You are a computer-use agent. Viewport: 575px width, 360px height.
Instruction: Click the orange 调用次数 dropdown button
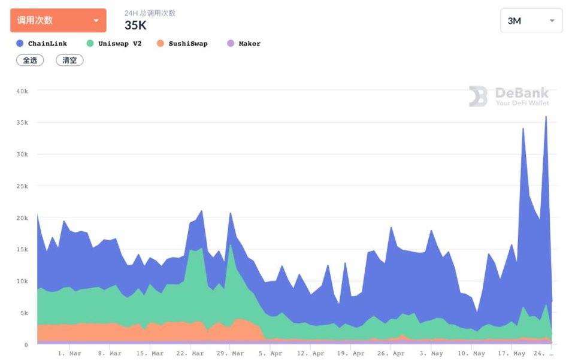pos(58,20)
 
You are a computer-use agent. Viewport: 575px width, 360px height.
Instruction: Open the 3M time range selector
pos(531,21)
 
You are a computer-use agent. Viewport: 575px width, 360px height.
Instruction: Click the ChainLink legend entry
pos(42,44)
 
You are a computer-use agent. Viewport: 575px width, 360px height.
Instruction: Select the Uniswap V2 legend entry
pos(114,44)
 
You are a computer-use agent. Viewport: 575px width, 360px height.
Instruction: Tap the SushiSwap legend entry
pos(182,44)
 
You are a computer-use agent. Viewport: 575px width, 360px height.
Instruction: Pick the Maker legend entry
pos(244,44)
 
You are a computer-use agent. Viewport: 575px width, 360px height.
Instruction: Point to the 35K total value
pos(135,25)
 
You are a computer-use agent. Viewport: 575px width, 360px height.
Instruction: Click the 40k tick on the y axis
pos(22,90)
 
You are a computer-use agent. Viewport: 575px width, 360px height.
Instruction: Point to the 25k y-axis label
pos(22,186)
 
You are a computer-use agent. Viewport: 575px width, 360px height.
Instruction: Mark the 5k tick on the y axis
pos(24,313)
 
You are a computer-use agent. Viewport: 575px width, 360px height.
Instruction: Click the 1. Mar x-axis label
pos(69,353)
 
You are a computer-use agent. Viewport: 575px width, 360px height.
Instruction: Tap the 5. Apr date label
pos(271,353)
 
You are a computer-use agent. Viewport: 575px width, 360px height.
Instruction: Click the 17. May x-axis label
pos(511,353)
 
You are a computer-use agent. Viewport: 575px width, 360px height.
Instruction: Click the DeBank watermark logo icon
pos(478,96)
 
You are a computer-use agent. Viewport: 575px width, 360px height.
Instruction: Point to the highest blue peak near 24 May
pos(546,117)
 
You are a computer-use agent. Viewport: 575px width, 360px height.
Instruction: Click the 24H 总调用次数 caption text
pos(150,13)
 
